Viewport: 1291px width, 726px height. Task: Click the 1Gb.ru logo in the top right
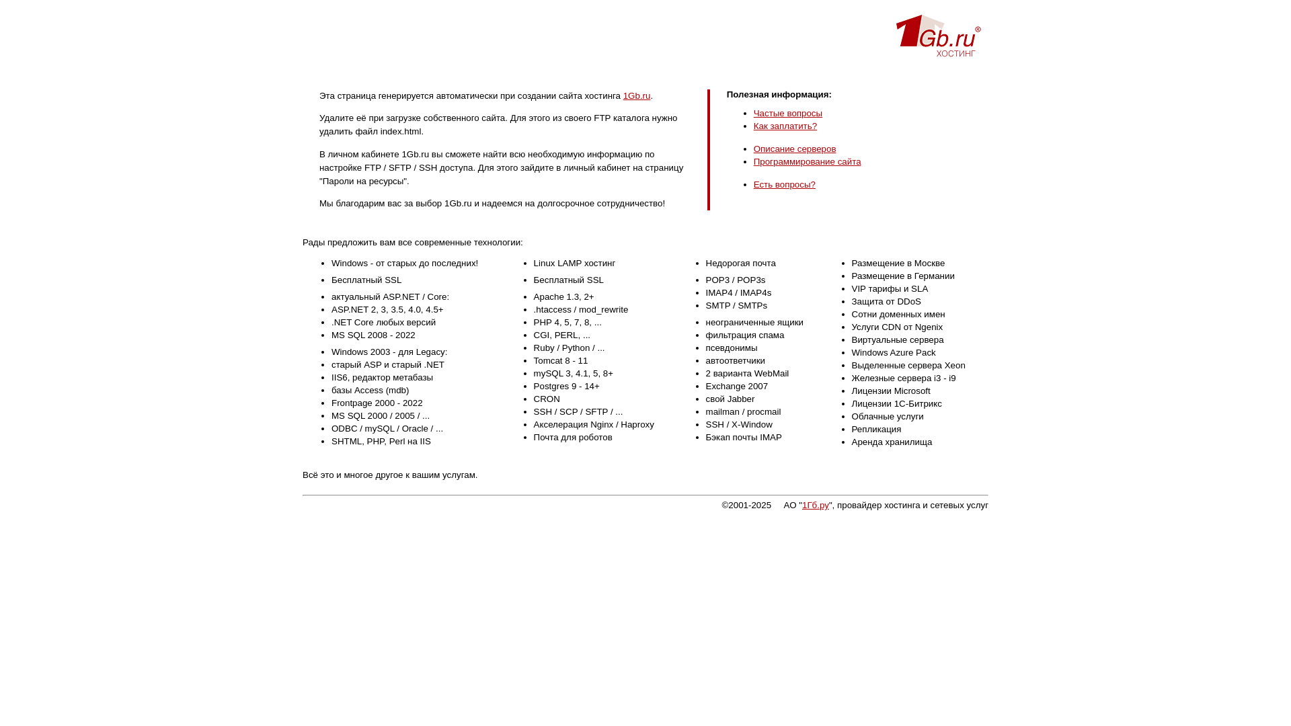click(938, 36)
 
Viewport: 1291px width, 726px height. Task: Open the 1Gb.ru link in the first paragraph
click(636, 96)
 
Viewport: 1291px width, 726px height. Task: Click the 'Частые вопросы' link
click(787, 114)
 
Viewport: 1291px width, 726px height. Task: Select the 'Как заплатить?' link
click(785, 126)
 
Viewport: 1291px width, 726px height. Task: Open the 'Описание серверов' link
click(794, 149)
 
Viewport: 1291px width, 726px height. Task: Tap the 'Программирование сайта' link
click(807, 162)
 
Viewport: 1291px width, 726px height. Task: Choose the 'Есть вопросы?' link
click(784, 185)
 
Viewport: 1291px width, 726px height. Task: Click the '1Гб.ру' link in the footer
click(815, 506)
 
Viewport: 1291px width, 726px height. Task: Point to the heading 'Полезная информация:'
click(779, 95)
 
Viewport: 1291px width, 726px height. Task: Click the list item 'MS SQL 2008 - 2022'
click(373, 335)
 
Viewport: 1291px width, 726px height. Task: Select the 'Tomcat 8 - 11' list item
click(560, 361)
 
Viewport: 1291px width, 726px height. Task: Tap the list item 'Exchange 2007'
click(736, 387)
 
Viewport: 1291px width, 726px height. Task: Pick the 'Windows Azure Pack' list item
click(893, 353)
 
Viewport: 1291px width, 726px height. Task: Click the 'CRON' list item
click(546, 399)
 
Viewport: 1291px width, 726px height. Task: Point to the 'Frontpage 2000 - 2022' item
click(377, 403)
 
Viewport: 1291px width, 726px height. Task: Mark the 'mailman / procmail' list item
click(743, 412)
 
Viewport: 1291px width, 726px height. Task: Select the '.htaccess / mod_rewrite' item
click(580, 310)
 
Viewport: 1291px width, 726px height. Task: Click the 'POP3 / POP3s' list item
click(735, 280)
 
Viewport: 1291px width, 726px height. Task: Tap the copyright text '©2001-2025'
click(746, 506)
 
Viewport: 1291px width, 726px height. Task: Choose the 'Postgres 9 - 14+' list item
click(566, 387)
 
